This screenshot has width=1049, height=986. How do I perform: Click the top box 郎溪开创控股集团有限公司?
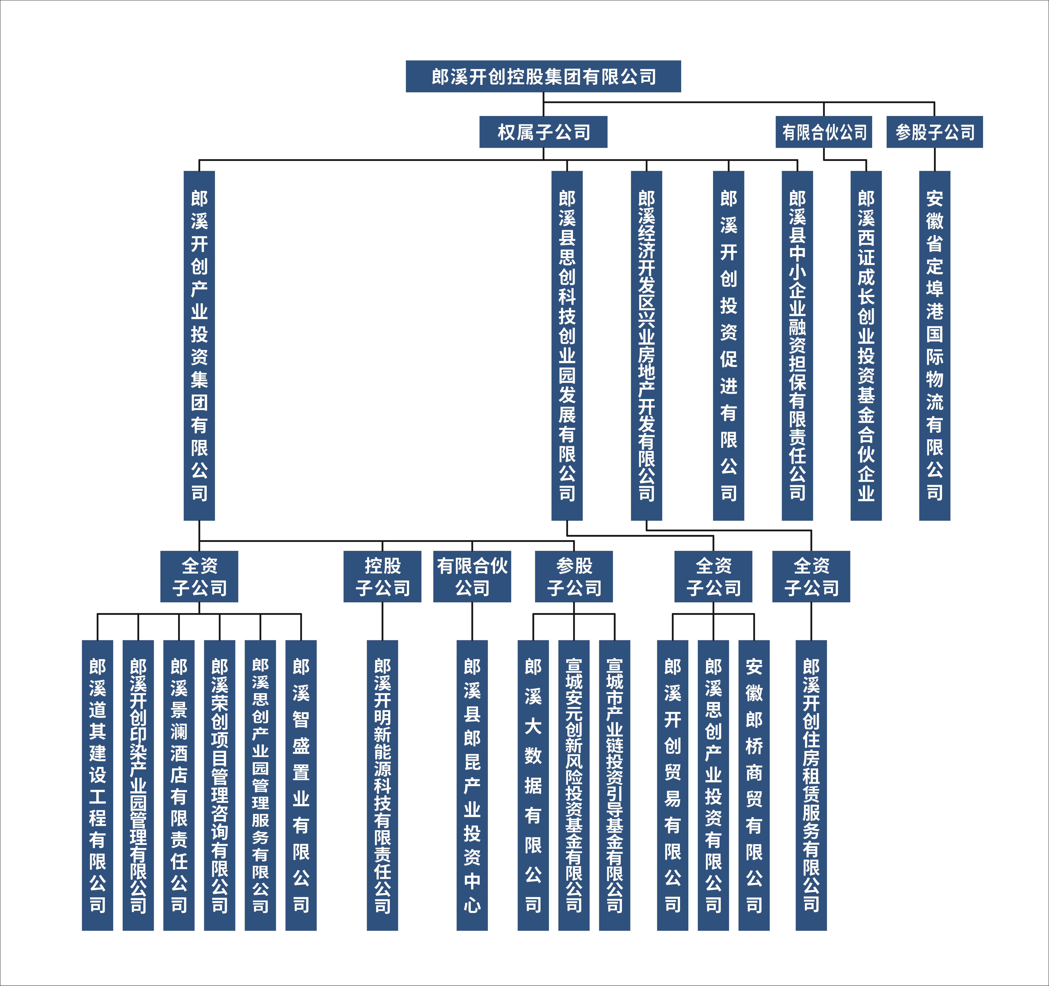pos(543,76)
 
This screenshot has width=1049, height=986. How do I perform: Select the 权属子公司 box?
pos(543,132)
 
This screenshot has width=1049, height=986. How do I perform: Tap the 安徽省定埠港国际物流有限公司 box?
pos(935,346)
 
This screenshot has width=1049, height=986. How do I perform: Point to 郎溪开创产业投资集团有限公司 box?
pos(199,346)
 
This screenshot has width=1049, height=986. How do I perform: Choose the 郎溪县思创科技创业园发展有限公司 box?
pos(567,346)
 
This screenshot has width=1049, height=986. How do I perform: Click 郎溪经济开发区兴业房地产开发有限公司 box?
pos(646,346)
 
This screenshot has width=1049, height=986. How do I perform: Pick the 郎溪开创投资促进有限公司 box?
pos(728,346)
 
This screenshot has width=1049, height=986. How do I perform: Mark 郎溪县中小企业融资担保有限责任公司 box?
pos(797,346)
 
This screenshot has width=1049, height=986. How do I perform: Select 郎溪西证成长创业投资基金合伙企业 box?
pos(866,346)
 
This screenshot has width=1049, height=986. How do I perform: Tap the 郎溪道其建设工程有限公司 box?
pos(98,785)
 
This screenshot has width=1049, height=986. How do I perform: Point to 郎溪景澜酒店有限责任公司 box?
pos(179,785)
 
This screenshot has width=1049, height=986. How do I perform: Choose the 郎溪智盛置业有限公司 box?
pos(301,785)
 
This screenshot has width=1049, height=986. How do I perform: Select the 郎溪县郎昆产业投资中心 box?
pos(472,785)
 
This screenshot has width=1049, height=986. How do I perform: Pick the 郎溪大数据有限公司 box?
pos(533,785)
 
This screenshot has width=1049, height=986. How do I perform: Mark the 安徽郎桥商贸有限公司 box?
pos(754,785)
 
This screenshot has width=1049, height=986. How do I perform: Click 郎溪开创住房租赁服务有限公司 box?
pos(811,785)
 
